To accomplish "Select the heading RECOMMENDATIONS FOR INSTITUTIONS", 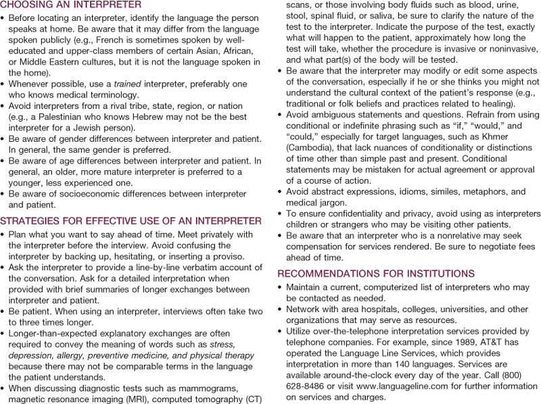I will click(x=376, y=274).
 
